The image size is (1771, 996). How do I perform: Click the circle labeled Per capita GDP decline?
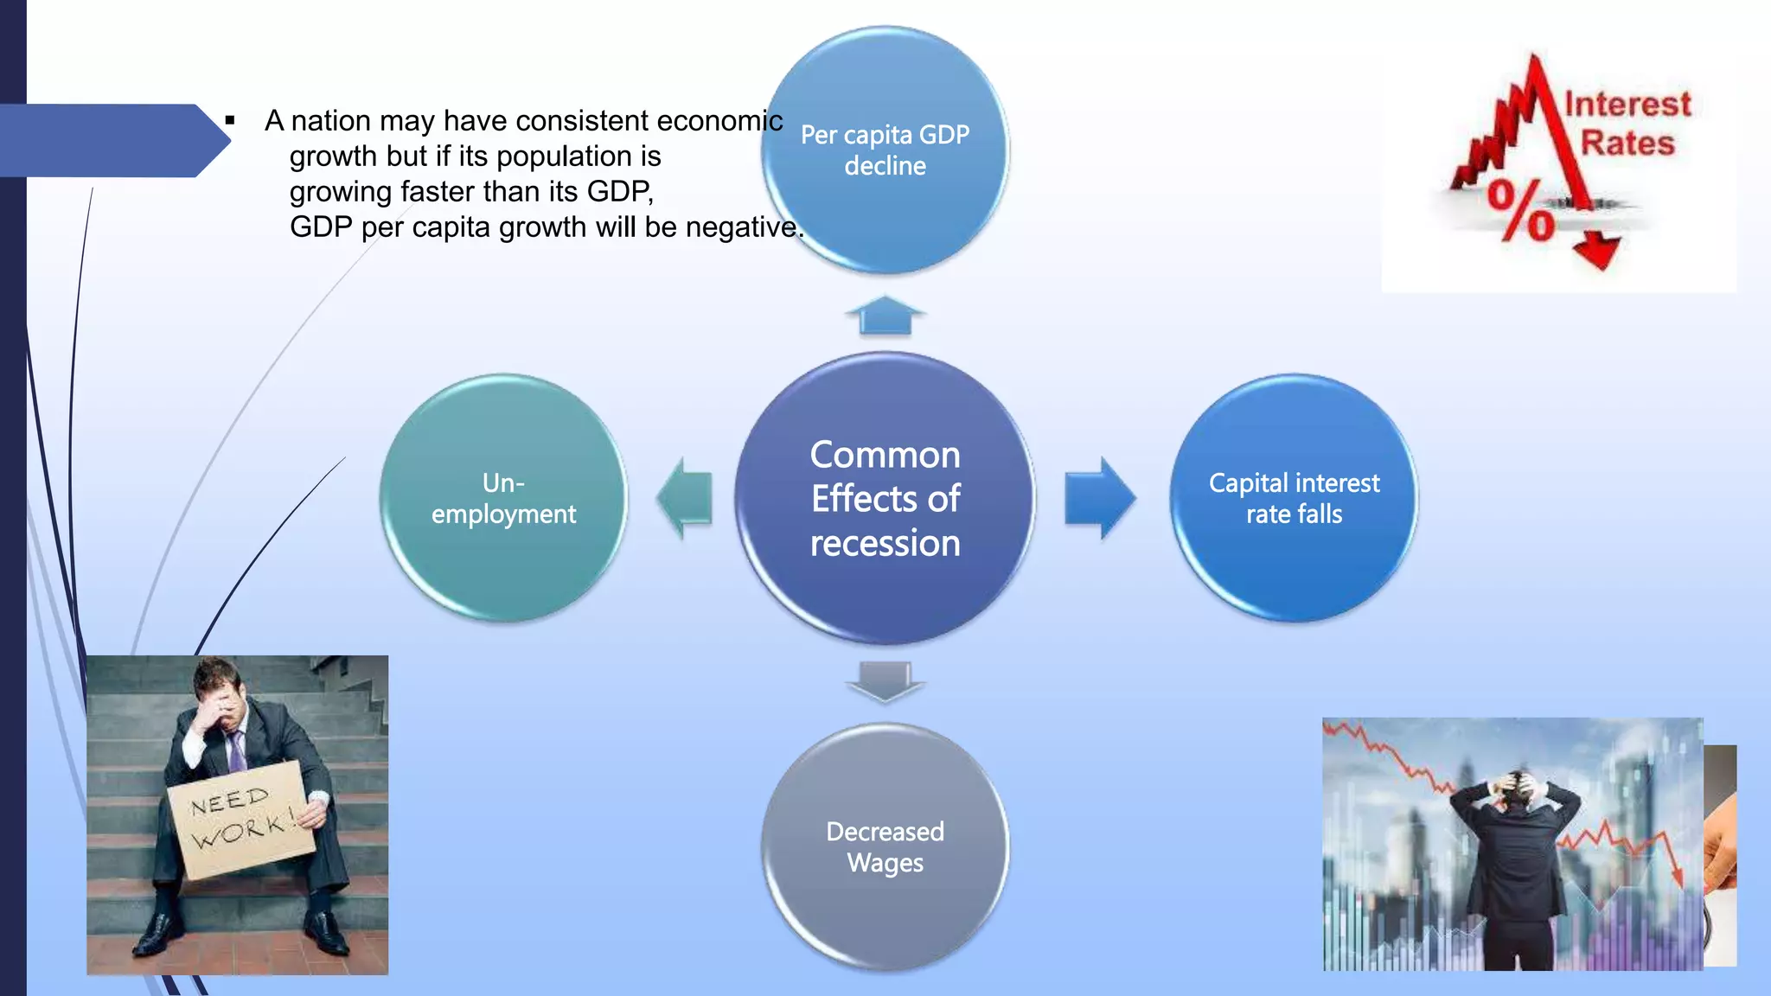(x=885, y=150)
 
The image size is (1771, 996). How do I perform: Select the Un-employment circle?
(x=503, y=498)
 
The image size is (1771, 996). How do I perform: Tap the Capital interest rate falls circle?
(x=1294, y=498)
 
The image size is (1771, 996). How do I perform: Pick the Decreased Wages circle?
(x=885, y=847)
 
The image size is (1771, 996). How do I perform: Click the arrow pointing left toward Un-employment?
(x=684, y=499)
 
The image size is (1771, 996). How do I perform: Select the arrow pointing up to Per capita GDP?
(x=885, y=316)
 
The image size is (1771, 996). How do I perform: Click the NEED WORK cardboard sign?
(x=240, y=819)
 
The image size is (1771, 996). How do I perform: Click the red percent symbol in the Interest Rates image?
(x=1519, y=210)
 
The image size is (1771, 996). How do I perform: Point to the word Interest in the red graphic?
(x=1627, y=105)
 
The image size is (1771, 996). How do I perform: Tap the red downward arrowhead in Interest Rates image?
(x=1596, y=252)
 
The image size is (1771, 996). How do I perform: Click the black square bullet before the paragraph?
(x=230, y=120)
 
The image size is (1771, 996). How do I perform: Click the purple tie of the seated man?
(x=236, y=750)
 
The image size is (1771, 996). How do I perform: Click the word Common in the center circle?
(x=885, y=455)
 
